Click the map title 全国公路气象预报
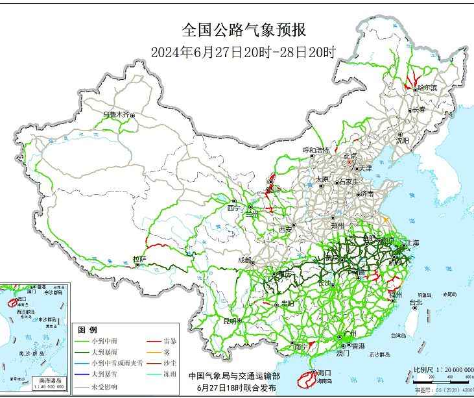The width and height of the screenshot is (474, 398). tap(243, 30)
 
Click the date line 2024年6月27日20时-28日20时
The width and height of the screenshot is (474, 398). tap(243, 53)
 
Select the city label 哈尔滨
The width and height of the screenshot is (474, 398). tap(427, 87)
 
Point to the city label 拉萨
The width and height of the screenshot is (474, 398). tap(139, 259)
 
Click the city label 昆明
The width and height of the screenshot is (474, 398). tap(230, 321)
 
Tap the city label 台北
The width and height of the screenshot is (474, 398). tap(415, 303)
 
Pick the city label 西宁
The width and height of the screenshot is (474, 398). tap(233, 208)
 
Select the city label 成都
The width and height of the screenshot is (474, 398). tap(244, 260)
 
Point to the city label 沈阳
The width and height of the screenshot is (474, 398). tap(403, 140)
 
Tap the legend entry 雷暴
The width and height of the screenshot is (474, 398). tap(171, 341)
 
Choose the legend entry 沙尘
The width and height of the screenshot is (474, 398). tap(171, 362)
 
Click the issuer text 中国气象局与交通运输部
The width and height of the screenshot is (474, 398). tap(234, 376)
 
